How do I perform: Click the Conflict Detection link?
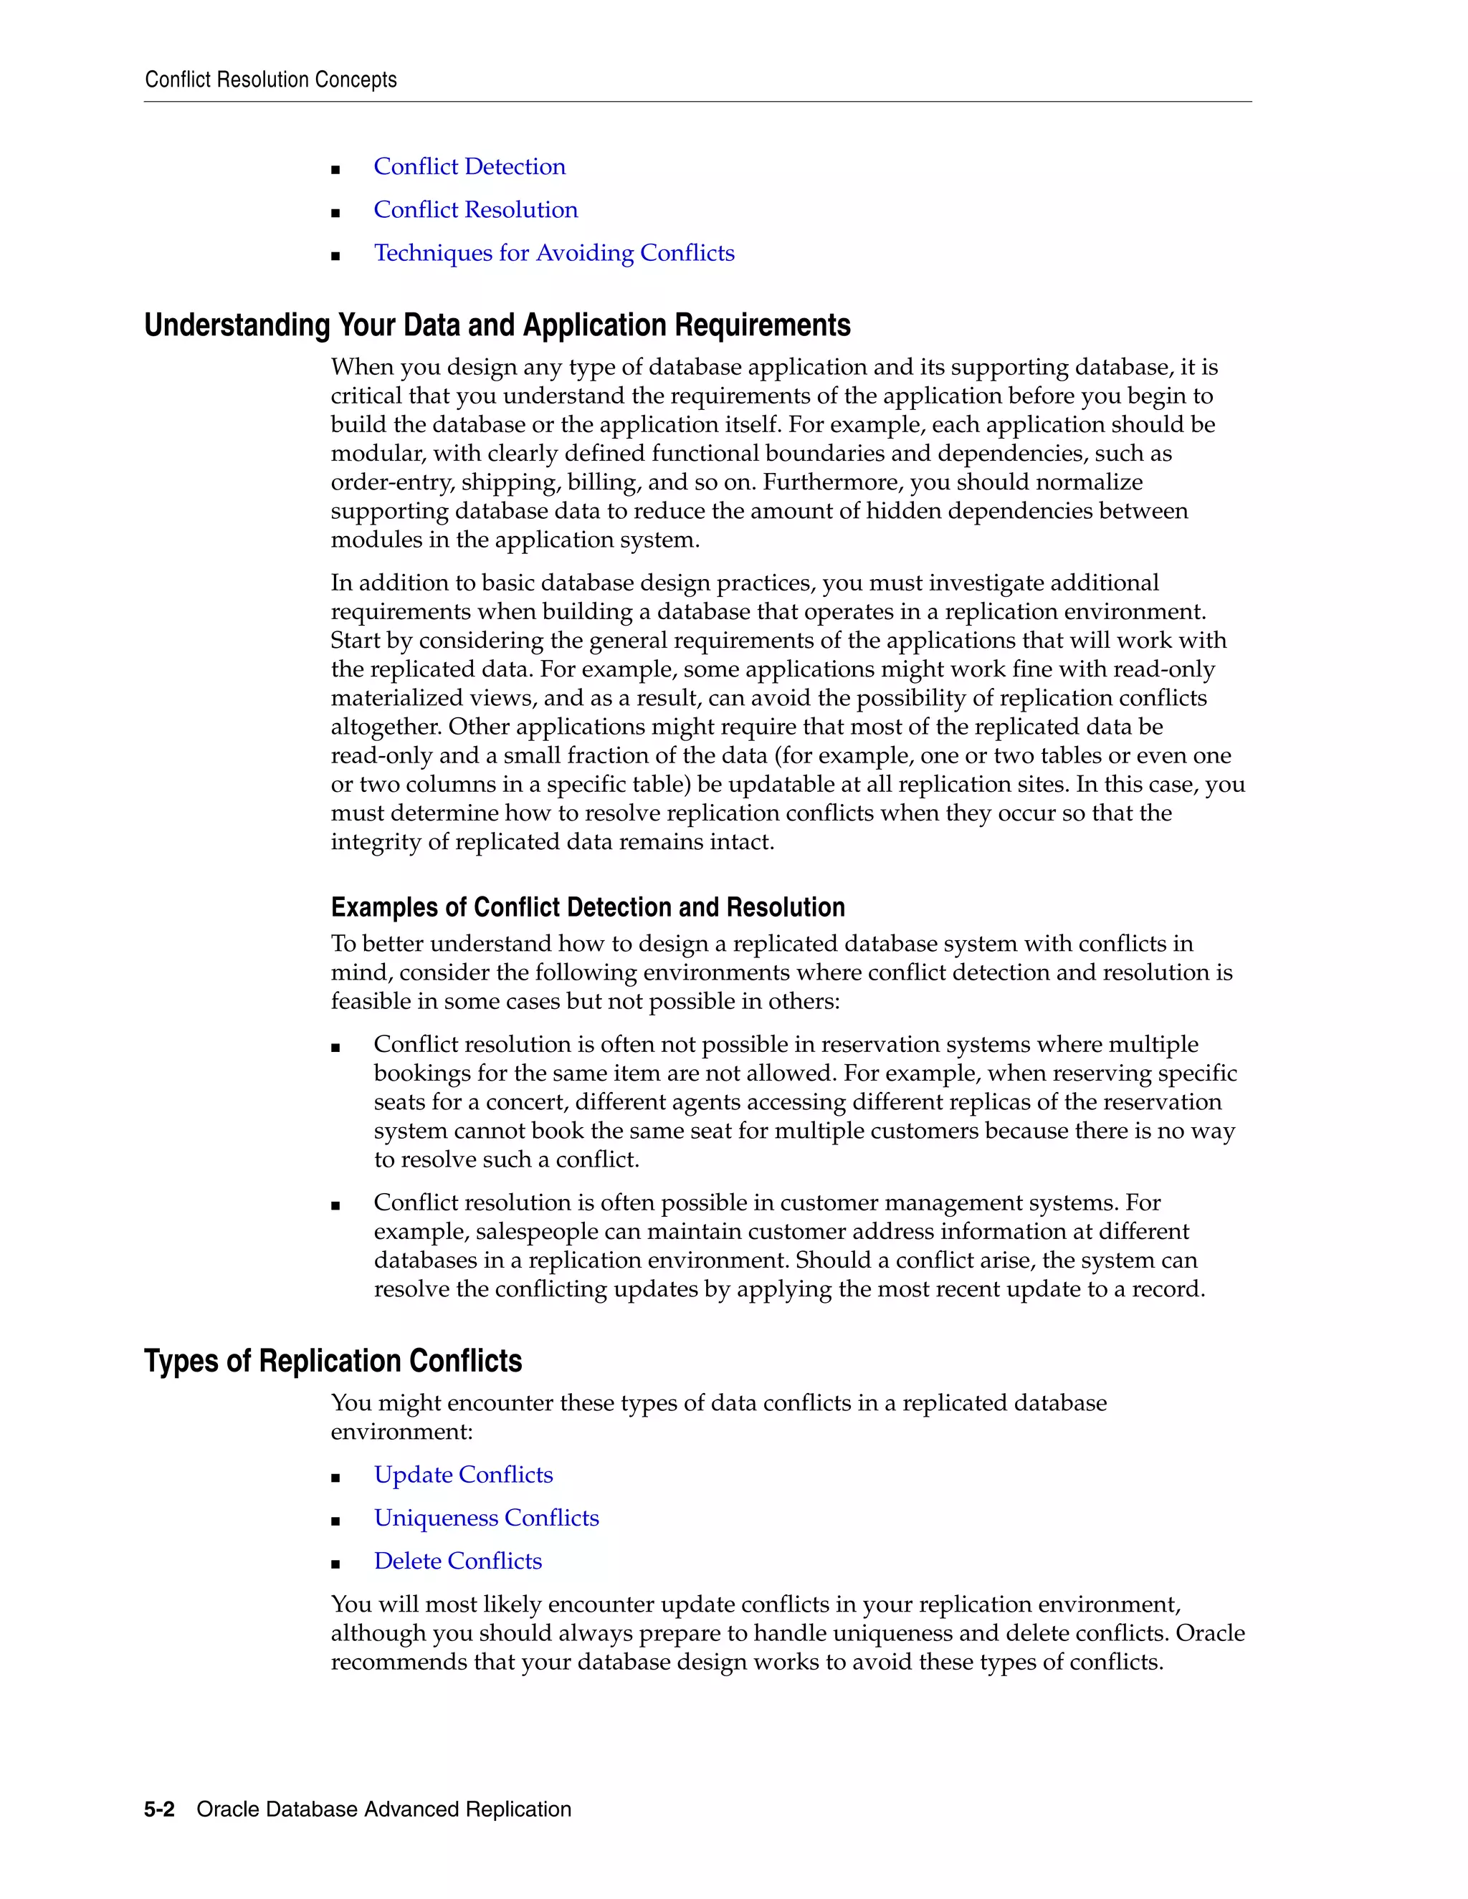click(469, 167)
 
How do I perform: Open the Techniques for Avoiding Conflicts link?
click(554, 253)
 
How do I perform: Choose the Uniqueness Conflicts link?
click(486, 1518)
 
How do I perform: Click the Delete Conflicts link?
click(457, 1561)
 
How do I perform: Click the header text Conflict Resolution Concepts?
click(270, 80)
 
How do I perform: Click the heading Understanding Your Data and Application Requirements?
click(497, 325)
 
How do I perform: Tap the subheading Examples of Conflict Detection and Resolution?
click(587, 908)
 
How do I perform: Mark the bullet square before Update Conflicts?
click(335, 1478)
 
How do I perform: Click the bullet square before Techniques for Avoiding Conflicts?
click(335, 256)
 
